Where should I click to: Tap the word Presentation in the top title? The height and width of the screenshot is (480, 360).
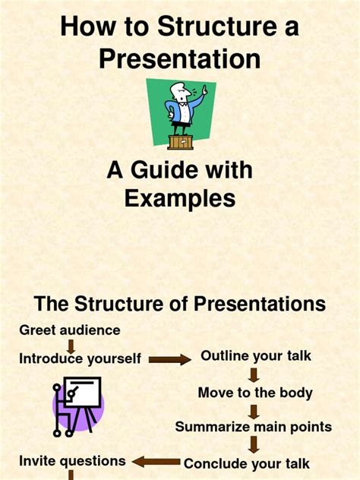180,58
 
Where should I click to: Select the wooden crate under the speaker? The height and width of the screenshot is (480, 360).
179,141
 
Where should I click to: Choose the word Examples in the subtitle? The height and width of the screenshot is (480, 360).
180,198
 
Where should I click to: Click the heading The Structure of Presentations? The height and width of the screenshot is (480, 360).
180,304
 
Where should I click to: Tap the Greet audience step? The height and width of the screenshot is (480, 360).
70,330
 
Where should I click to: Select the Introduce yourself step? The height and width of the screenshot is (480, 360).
81,358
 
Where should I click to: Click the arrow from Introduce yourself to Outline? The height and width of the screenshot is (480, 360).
169,359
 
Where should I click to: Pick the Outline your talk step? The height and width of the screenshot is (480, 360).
256,355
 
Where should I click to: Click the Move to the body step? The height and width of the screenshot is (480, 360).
255,393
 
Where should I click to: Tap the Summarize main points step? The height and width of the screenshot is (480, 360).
254,427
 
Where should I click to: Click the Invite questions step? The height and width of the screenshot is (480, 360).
72,460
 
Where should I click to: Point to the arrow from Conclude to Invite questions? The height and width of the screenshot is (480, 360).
156,462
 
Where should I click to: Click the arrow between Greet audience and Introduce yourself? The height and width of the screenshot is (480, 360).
71,345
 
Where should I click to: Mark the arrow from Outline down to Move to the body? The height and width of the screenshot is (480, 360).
254,374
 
